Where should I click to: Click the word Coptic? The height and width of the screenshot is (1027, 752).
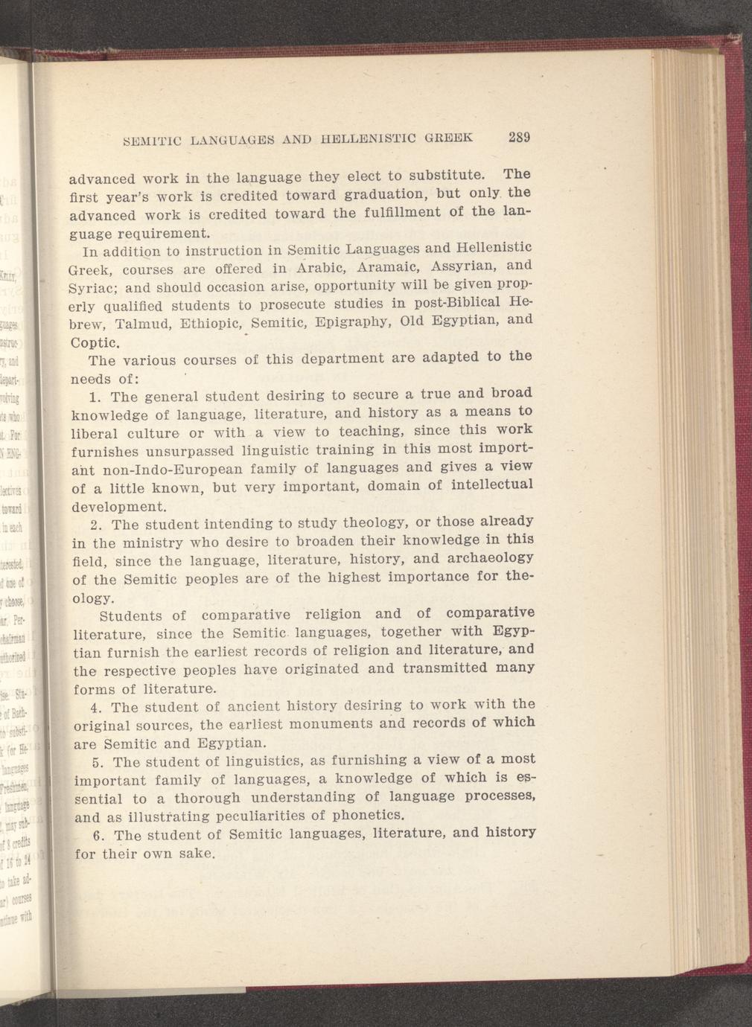point(95,343)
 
